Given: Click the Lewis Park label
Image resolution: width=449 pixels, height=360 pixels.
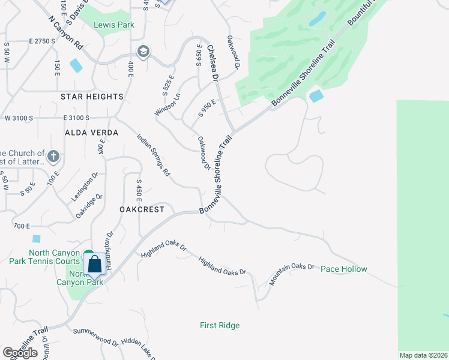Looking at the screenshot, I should point(114,25).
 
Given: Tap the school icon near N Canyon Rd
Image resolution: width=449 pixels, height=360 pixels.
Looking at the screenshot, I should point(143,52).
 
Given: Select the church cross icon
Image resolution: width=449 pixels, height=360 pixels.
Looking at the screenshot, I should point(53,157).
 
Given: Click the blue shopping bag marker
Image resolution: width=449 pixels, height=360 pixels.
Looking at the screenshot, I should point(95,264).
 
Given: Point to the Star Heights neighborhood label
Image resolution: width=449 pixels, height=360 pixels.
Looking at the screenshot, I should point(92,97).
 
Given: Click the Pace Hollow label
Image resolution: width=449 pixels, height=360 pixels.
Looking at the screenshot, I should point(343,269).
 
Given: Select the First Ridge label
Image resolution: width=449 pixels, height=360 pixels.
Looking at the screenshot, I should point(220,326).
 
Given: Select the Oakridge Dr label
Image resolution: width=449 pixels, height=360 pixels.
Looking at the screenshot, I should point(89,205).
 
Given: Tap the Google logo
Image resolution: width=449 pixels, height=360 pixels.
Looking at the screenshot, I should point(20,352).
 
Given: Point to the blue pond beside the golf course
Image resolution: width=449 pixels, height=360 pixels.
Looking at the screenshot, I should point(316,95).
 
